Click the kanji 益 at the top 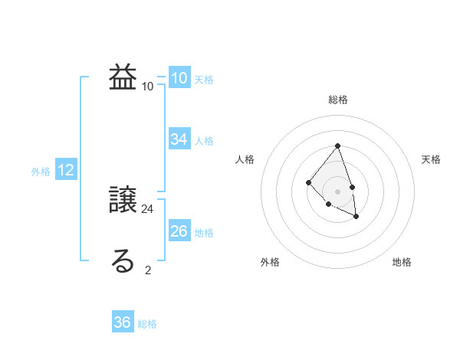(123, 77)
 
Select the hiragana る (123, 261)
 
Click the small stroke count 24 (149, 208)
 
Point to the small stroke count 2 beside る (148, 270)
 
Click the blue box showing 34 (179, 139)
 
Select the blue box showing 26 (179, 231)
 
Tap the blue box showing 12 (66, 170)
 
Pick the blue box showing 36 (123, 322)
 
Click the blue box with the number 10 (179, 77)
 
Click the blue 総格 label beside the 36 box (147, 324)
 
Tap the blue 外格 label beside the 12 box (41, 172)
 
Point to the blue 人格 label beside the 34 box (204, 141)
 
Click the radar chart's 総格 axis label (338, 100)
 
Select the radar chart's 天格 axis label (432, 159)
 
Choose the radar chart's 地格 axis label (402, 262)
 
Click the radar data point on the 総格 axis (337, 146)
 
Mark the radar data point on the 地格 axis (356, 217)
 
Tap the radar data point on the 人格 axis (308, 182)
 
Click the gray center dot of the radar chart (337, 191)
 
